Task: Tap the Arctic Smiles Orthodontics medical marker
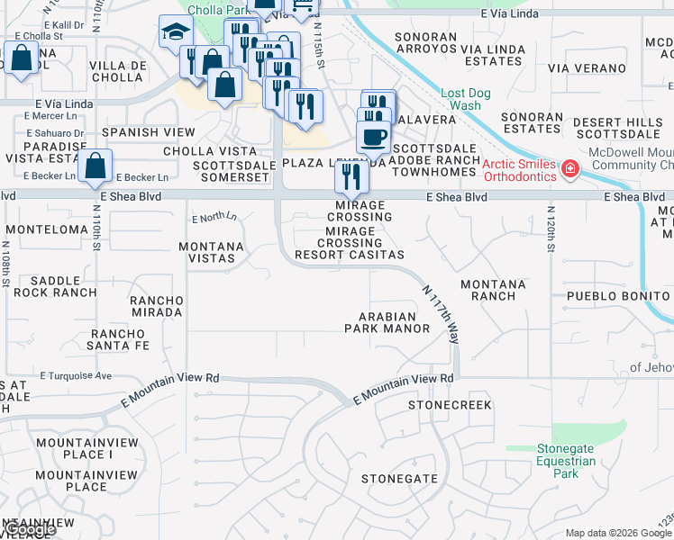(x=569, y=169)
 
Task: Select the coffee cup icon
(x=372, y=138)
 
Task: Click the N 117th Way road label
(x=442, y=314)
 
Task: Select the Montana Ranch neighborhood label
(x=493, y=290)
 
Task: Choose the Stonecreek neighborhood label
(x=451, y=405)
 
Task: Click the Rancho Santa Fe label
(x=119, y=339)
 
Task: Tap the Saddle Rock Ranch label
(x=62, y=286)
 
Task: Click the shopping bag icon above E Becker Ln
(x=95, y=166)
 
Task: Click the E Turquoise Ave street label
(x=79, y=375)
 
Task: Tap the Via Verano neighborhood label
(x=587, y=68)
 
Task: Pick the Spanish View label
(x=136, y=132)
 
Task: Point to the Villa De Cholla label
(x=120, y=71)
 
